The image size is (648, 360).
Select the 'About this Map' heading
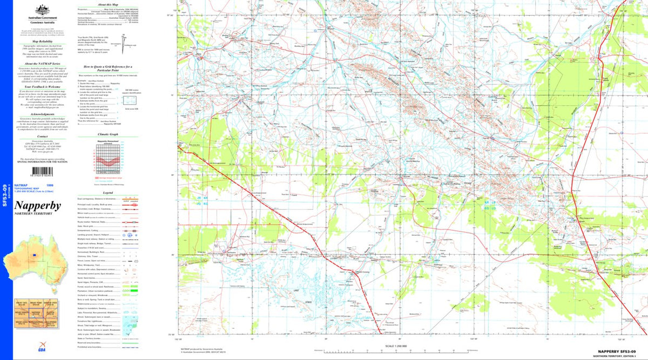[x=108, y=4]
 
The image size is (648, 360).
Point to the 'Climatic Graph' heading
[x=108, y=134]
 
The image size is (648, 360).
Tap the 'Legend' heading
[x=108, y=193]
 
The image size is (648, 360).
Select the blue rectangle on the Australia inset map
[x=35, y=255]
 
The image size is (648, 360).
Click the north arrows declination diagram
[x=124, y=38]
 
